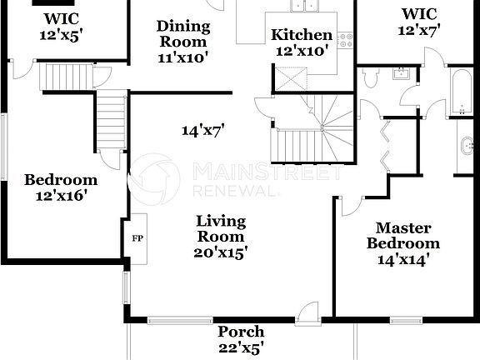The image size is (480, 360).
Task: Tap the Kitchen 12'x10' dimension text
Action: [301, 51]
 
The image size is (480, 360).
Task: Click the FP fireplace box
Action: [137, 237]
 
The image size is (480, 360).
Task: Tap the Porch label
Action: [242, 331]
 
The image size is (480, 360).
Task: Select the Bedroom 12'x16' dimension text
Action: [60, 196]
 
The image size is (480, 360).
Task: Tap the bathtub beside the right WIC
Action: [461, 93]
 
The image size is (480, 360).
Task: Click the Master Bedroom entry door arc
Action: [351, 205]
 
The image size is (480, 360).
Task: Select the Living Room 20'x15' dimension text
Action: [221, 251]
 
